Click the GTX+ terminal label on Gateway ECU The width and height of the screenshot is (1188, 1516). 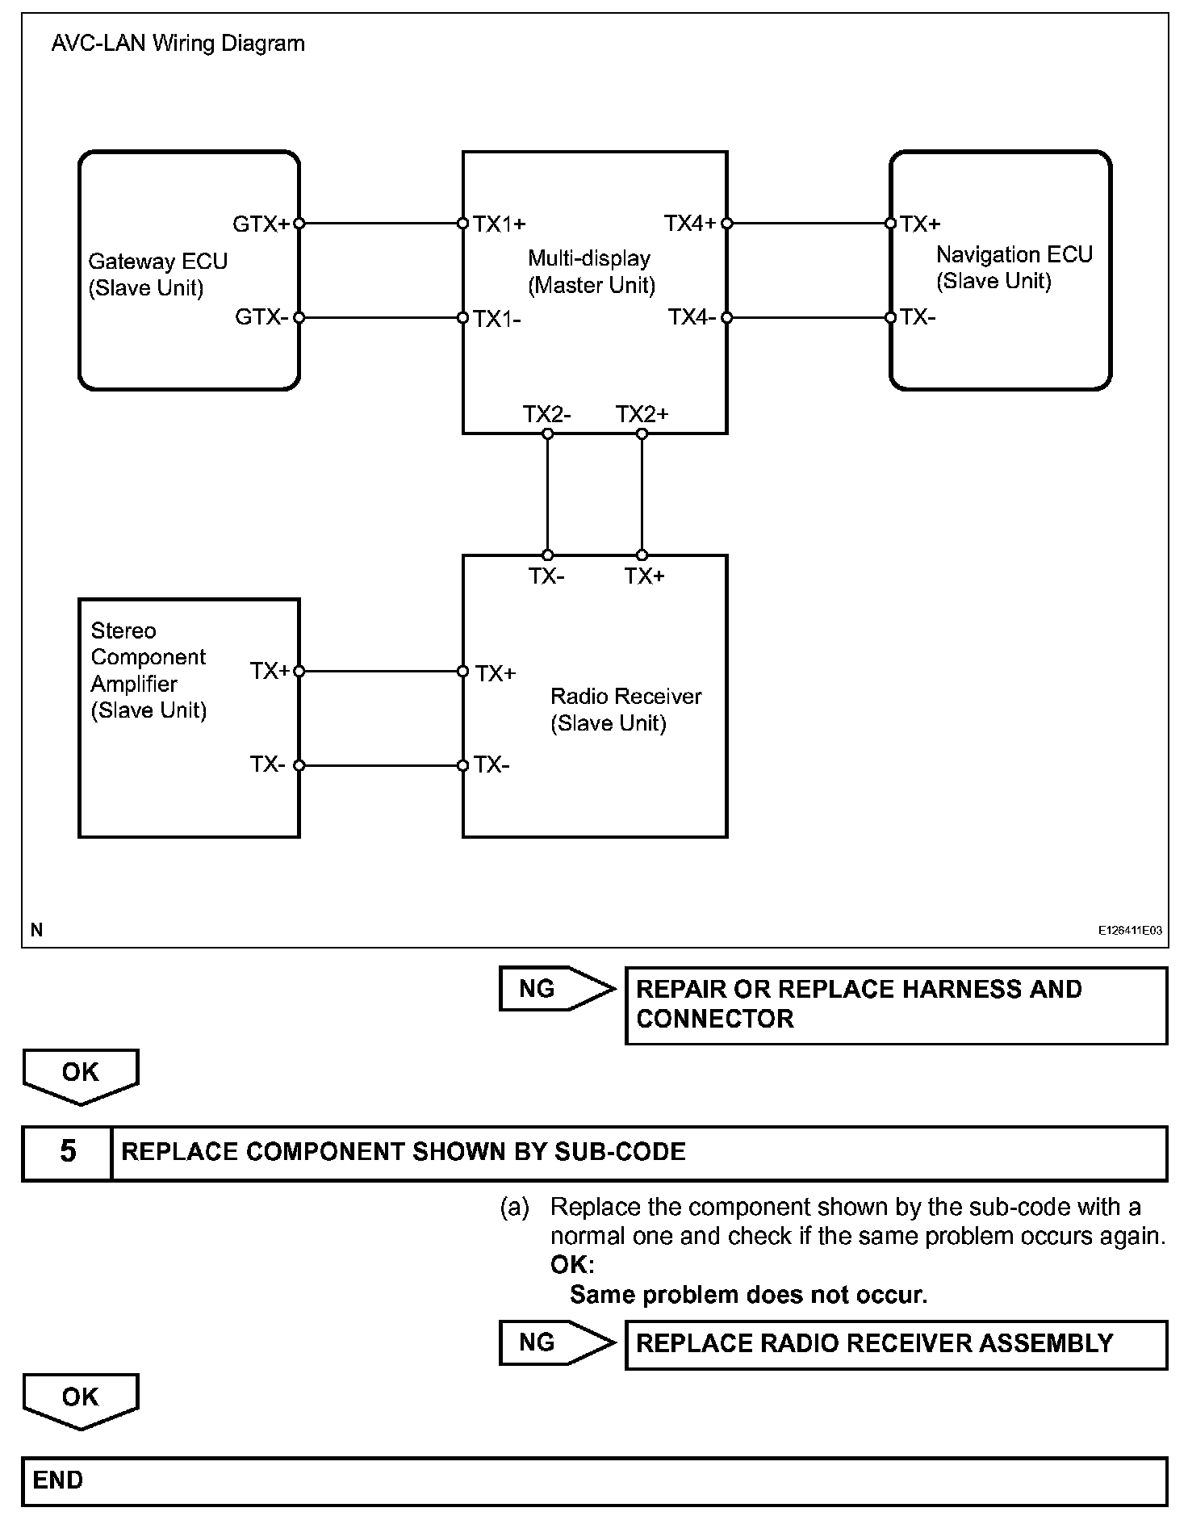tap(260, 224)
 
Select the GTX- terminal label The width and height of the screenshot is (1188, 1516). tap(261, 317)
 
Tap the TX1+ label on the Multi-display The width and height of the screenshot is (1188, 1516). tap(500, 224)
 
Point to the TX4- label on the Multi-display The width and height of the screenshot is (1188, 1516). tap(692, 317)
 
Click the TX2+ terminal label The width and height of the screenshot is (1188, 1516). tap(642, 414)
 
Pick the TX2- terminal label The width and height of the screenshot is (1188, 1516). tap(546, 414)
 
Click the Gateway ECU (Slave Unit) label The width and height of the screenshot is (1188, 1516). tap(157, 274)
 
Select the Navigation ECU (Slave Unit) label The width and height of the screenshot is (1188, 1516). tap(1014, 267)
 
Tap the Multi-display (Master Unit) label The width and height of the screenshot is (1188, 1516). tap(591, 271)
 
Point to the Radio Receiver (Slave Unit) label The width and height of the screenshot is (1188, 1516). tap(625, 709)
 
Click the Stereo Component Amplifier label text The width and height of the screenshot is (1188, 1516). tap(148, 670)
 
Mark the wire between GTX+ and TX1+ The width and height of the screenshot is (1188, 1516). tap(380, 224)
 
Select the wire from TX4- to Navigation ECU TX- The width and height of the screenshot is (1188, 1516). tap(808, 318)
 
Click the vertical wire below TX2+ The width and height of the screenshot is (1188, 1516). tap(642, 494)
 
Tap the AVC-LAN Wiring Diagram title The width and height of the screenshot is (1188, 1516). tap(178, 44)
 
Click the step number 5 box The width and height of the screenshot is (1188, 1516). tap(67, 1151)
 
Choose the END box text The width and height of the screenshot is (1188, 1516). tap(58, 1480)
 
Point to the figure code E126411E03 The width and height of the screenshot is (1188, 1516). tap(1129, 930)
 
